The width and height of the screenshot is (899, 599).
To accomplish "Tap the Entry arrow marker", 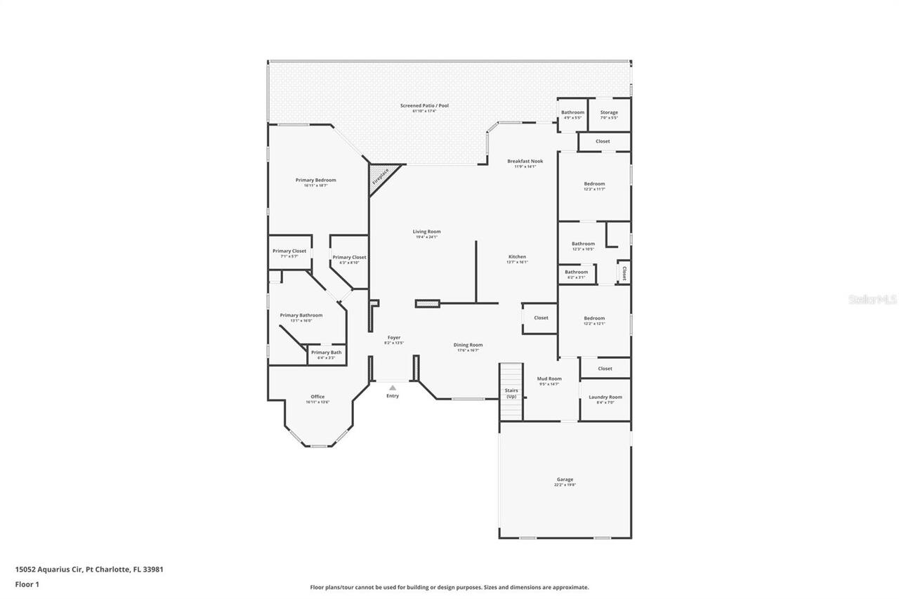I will click(x=393, y=388).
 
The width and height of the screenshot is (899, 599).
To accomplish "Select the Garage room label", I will click(x=565, y=480).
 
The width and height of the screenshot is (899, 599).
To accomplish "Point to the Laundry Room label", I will click(x=605, y=397).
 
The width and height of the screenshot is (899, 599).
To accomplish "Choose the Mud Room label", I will click(x=549, y=379).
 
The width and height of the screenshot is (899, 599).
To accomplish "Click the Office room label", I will click(x=317, y=396).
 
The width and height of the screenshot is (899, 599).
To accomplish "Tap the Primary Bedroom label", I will click(x=315, y=180).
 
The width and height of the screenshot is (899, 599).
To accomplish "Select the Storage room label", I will click(x=609, y=112).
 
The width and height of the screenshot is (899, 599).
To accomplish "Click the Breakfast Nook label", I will click(x=525, y=161).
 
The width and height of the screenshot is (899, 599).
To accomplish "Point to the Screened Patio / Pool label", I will click(x=424, y=105).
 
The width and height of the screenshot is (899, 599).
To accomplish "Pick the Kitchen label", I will click(x=517, y=256).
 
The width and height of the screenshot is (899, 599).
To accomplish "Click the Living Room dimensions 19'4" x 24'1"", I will click(x=426, y=237).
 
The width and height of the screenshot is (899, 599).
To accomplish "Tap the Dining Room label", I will click(x=468, y=345).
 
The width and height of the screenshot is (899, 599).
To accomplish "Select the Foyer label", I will click(x=393, y=337).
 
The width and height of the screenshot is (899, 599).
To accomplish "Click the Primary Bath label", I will click(x=326, y=352).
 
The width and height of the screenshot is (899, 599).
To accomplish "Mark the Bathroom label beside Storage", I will click(x=572, y=112).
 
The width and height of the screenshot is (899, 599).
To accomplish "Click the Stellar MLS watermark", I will click(x=873, y=299).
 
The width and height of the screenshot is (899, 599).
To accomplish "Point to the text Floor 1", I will click(x=27, y=584).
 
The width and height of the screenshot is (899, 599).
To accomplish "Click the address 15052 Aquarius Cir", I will click(x=48, y=570).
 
